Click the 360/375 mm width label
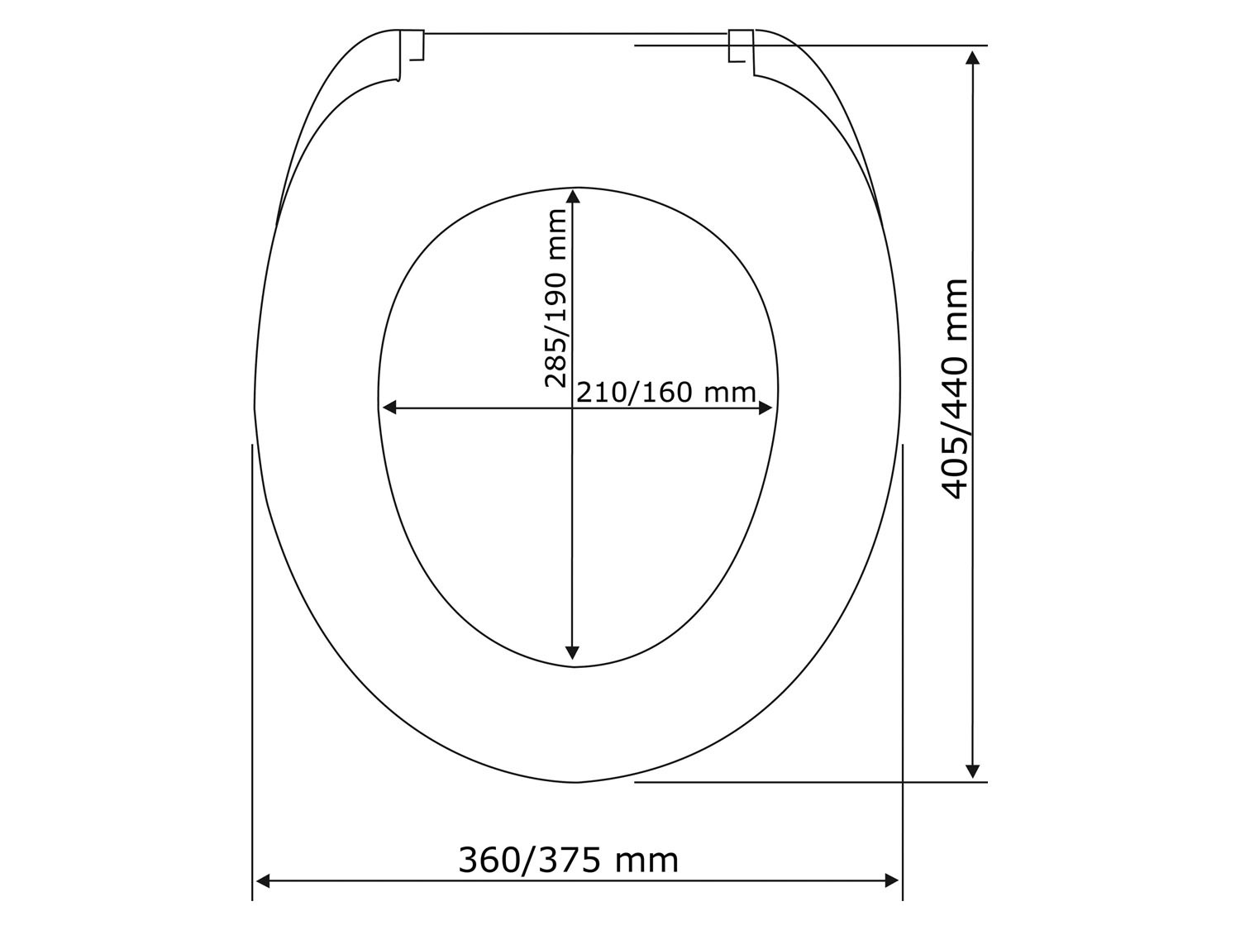coord(568,861)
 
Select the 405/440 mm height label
coord(955,389)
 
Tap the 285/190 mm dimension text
coord(556,298)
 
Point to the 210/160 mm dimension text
coord(666,393)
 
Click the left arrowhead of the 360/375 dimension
coord(263,896)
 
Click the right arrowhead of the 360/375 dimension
coord(891,896)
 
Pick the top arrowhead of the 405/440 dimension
coord(972,58)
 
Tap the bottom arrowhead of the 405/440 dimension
coord(972,770)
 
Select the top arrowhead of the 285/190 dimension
coord(573,196)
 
